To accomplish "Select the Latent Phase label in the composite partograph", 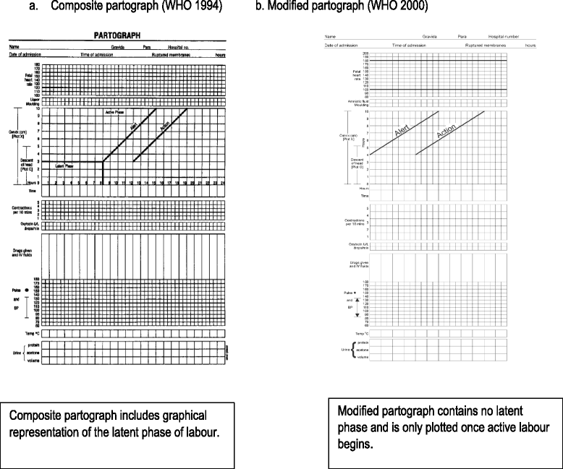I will (66, 167).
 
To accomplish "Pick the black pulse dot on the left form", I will (27, 290).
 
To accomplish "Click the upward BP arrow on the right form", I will (365, 299).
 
